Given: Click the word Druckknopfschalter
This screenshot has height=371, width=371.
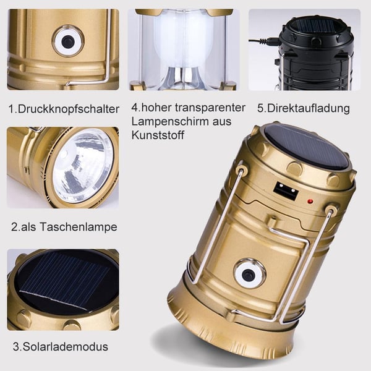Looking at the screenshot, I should point(69,109).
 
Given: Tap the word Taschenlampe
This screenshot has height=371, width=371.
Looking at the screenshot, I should point(80,227).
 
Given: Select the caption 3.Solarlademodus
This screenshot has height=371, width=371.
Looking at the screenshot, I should point(61,346).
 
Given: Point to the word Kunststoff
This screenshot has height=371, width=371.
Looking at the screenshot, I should point(157,135).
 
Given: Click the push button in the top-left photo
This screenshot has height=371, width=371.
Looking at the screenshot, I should point(67,41).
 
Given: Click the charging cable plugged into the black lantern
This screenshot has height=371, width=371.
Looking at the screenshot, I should point(263,41).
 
